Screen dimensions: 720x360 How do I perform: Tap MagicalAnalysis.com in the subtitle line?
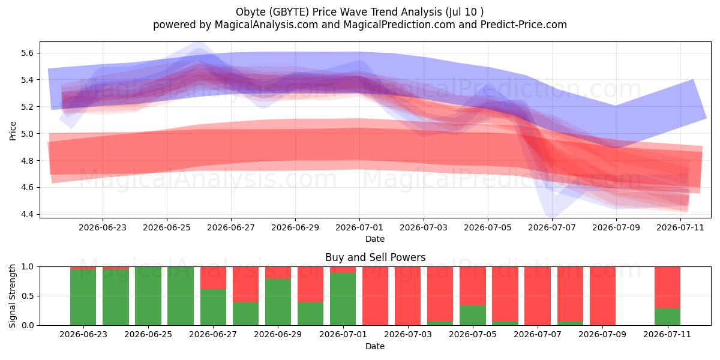[266, 25]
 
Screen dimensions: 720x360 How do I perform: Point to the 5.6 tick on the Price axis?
[28, 53]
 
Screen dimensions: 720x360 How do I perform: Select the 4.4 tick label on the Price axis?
[28, 214]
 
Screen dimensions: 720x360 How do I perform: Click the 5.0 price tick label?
[28, 134]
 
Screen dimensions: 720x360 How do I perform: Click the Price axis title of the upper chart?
[13, 131]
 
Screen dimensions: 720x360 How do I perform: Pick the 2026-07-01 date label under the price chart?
[359, 227]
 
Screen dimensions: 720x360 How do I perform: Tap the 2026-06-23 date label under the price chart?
[103, 227]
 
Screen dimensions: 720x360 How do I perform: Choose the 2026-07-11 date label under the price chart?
[680, 227]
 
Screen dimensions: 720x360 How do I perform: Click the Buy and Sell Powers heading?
[375, 257]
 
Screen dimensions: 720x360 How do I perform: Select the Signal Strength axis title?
[13, 296]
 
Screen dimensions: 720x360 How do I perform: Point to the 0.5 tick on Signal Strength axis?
[28, 296]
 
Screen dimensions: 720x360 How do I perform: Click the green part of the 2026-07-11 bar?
[668, 317]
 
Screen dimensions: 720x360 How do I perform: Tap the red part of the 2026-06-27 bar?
[213, 278]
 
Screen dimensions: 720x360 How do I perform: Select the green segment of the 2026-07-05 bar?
[473, 316]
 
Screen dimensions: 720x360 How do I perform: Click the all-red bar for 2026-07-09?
[602, 296]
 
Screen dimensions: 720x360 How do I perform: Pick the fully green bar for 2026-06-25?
[148, 296]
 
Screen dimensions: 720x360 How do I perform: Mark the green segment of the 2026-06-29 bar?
[278, 302]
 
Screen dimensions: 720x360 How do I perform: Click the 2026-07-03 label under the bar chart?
[408, 335]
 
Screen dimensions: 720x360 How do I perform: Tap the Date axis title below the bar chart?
[375, 347]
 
